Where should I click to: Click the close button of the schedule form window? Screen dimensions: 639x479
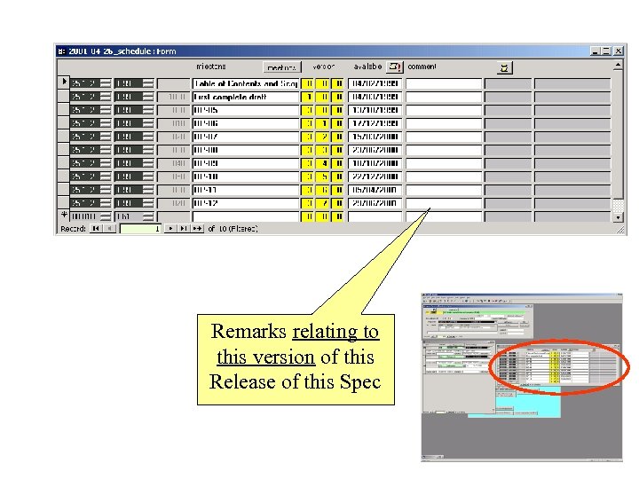pos(619,51)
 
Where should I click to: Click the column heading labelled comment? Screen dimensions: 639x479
pos(422,67)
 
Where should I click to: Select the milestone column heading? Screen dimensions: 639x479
pos(210,67)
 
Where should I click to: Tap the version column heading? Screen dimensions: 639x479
pos(324,67)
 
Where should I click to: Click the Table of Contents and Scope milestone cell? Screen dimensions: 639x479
pos(246,83)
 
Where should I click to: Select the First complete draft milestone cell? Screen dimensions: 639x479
pos(246,97)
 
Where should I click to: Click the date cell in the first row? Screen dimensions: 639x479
pos(375,83)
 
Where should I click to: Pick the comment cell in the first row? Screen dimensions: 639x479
pos(444,83)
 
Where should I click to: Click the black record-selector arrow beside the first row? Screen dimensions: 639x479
pos(63,82)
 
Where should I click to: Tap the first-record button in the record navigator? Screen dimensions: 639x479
pos(94,229)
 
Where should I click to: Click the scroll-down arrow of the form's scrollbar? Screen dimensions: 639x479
pos(619,216)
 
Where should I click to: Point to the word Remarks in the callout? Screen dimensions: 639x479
pos(248,332)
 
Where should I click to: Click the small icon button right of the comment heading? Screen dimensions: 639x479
pos(505,67)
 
